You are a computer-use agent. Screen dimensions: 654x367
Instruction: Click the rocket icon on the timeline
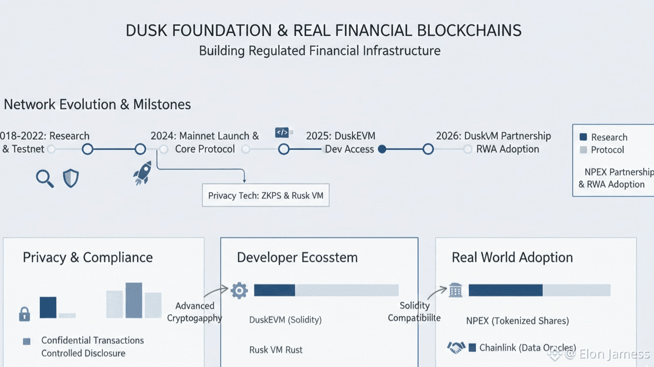coord(142,173)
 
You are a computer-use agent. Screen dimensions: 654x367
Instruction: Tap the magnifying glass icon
coord(45,179)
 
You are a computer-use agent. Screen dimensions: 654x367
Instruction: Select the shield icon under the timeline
coord(70,178)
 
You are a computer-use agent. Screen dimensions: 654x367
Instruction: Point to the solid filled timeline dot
coord(382,149)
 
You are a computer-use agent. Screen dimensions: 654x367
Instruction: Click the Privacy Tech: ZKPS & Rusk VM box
coord(266,195)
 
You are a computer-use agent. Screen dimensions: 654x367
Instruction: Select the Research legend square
coord(584,137)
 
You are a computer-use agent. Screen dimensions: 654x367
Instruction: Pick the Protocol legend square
coord(584,150)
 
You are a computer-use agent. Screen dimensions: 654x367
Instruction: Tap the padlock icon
coord(24,314)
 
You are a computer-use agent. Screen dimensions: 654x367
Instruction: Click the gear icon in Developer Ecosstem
coord(240,290)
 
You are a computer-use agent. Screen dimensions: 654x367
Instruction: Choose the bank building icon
coord(455,290)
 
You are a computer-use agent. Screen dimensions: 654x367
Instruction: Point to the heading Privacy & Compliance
coord(87,258)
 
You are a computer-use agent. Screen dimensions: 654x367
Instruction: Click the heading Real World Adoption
coord(512,258)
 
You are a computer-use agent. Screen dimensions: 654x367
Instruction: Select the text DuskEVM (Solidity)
coord(285,320)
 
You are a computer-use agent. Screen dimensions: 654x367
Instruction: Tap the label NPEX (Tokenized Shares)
coord(517,320)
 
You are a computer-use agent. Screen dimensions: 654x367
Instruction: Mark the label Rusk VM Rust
coord(276,350)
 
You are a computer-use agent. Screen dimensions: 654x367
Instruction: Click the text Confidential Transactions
coord(93,341)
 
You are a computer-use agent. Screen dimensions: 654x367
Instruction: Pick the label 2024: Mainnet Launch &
coord(205,136)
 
